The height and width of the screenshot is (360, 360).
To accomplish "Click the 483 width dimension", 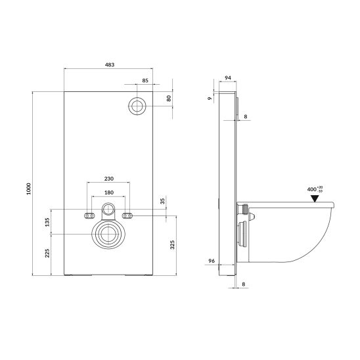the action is click(110, 65).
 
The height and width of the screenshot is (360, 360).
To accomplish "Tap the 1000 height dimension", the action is click(28, 189).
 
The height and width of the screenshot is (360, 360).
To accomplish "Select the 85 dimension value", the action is click(145, 80).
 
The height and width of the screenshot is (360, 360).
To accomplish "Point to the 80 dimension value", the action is click(169, 99).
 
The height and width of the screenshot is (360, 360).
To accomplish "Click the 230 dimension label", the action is click(109, 179).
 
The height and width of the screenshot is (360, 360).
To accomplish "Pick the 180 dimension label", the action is click(109, 192).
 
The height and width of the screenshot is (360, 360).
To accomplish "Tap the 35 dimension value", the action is click(162, 202).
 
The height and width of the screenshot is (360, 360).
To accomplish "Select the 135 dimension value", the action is click(47, 222).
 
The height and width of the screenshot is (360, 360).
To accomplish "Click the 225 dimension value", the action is click(47, 253).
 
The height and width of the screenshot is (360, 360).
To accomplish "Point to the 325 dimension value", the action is click(172, 245).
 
